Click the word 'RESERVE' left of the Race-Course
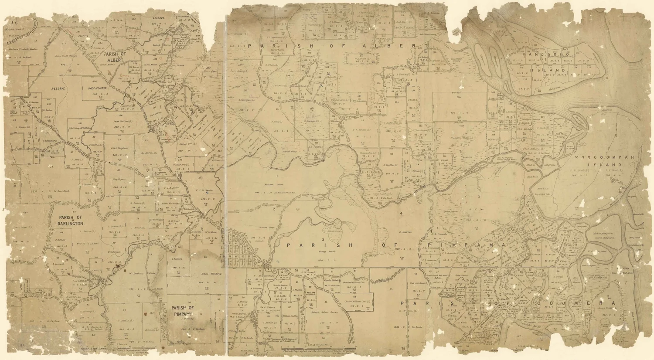[58, 88]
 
